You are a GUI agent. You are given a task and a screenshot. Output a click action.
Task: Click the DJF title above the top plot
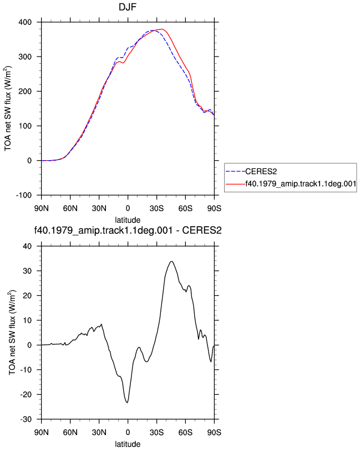point(128,7)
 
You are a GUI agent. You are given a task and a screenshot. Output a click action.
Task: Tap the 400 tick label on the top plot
point(26,22)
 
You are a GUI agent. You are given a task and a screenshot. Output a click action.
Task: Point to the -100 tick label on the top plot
point(24,196)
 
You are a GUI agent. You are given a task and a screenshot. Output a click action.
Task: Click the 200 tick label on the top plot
point(26,91)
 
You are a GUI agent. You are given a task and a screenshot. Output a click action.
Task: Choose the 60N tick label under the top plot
point(70,208)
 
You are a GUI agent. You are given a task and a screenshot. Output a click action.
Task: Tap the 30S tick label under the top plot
point(156,208)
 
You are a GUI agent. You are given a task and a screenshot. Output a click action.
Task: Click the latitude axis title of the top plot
point(128,220)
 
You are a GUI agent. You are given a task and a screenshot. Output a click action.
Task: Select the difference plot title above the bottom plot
point(128,231)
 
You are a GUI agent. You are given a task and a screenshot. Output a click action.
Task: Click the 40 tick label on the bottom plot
point(28,247)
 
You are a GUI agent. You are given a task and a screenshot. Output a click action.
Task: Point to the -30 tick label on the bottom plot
point(26,420)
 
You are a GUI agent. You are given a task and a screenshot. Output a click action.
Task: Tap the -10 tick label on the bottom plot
point(26,370)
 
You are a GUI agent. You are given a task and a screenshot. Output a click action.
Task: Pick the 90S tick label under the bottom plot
point(214,432)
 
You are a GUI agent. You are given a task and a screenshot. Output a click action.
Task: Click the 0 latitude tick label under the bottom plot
point(128,432)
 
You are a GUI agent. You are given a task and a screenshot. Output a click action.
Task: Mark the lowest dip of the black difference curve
point(127,403)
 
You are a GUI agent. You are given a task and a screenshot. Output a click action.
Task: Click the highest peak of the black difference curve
point(171,262)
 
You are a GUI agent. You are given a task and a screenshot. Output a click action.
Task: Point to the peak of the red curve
point(162,29)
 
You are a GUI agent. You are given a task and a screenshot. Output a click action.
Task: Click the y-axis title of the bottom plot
point(12,333)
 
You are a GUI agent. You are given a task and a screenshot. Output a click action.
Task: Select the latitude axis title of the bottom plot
point(128,444)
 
